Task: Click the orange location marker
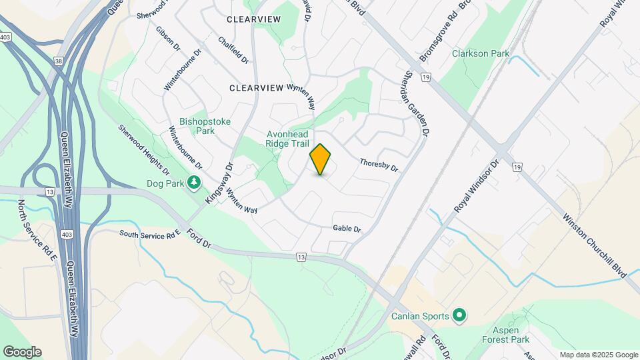(x=321, y=159)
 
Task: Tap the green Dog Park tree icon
(x=194, y=182)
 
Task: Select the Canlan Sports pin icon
(x=459, y=314)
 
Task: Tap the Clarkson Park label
(x=480, y=53)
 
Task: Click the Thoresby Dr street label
(x=378, y=165)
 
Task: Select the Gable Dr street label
(x=347, y=229)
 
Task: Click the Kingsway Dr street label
(x=220, y=183)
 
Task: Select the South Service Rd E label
(x=151, y=234)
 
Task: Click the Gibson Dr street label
(x=168, y=39)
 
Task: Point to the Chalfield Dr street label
(x=233, y=50)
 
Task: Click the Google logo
(x=22, y=352)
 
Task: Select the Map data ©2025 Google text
(x=599, y=355)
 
